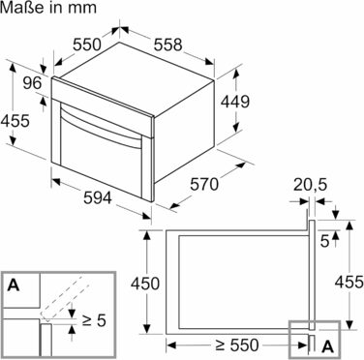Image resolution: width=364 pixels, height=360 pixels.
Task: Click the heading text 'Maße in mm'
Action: [x=48, y=7]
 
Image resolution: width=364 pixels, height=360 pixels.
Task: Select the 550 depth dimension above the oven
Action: [x=87, y=45]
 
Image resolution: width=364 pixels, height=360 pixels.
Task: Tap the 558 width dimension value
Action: [x=167, y=45]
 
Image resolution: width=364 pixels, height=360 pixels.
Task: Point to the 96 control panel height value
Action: [x=32, y=83]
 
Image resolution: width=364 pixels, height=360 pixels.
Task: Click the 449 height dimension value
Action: [x=235, y=102]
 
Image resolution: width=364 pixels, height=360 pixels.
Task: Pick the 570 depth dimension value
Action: [x=204, y=185]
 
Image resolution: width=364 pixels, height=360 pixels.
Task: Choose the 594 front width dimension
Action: [x=98, y=197]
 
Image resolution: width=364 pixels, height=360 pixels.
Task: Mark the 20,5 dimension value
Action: [x=310, y=185]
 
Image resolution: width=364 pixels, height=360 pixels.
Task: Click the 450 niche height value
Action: [x=145, y=284]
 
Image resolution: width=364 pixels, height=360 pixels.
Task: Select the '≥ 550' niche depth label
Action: [x=237, y=345]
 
